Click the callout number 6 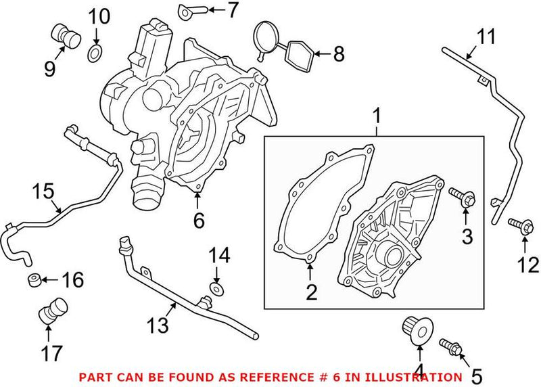click(x=197, y=220)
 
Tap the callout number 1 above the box click(x=377, y=117)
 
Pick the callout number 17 click(x=52, y=352)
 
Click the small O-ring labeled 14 click(x=216, y=289)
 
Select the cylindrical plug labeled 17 click(x=51, y=310)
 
